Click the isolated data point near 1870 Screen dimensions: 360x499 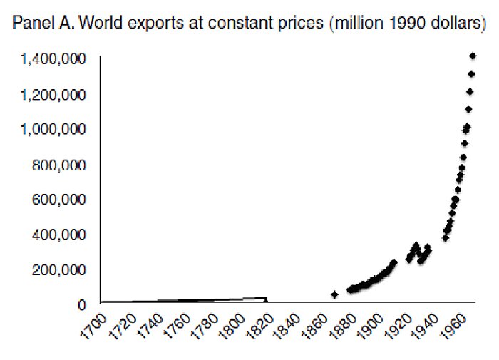[x=334, y=294]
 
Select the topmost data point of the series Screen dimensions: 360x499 [x=473, y=56]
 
